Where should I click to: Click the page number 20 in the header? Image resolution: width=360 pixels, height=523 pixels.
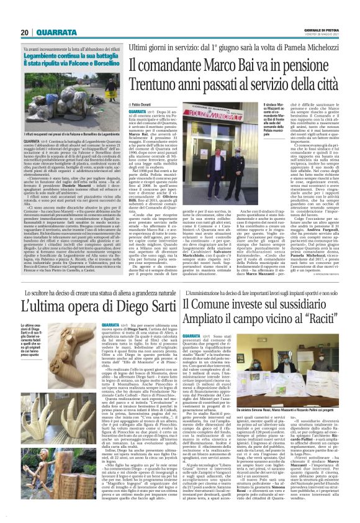click(25, 32)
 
